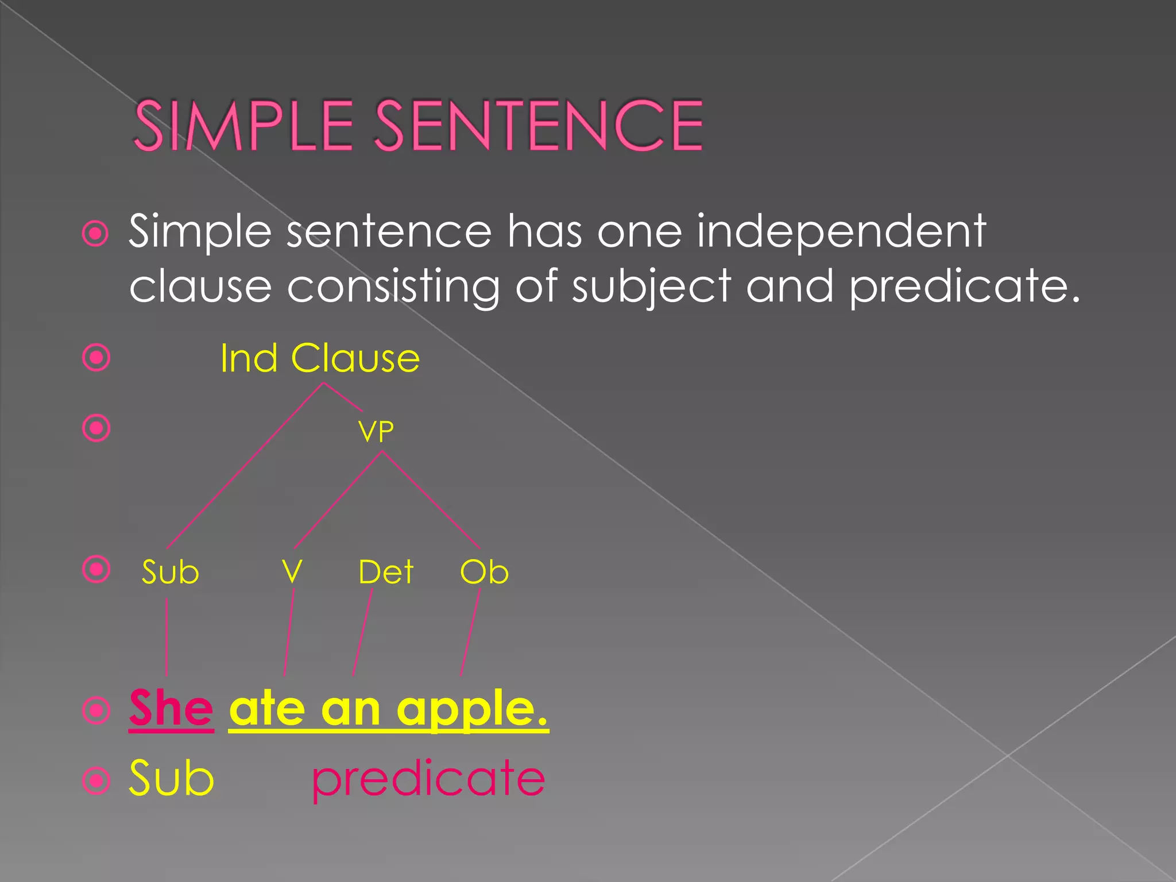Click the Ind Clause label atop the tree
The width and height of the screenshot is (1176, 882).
point(320,359)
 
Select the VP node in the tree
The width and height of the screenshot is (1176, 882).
point(376,431)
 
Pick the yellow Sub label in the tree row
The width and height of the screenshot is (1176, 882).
point(170,572)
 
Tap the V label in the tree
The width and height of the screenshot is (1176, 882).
point(292,571)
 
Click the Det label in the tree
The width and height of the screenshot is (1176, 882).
point(385,572)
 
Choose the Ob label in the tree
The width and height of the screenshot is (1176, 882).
point(484,572)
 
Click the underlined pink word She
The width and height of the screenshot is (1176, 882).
point(171,709)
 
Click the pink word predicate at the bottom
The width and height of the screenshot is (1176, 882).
point(428,779)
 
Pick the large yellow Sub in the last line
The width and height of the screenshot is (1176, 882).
point(171,778)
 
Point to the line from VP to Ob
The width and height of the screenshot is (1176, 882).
point(431,500)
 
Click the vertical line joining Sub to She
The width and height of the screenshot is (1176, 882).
point(167,637)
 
